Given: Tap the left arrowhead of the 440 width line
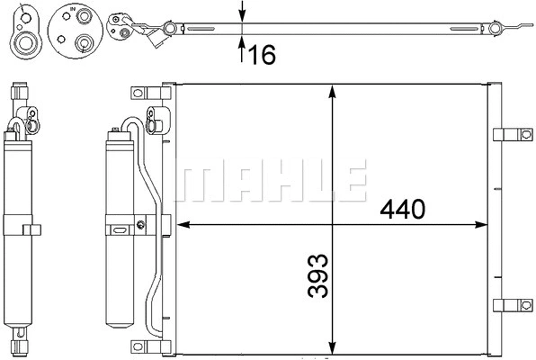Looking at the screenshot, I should tap(181, 222).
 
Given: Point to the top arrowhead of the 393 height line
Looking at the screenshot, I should tap(333, 91).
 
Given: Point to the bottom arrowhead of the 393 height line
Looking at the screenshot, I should tap(333, 346).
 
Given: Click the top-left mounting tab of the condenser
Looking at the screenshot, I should tap(142, 93).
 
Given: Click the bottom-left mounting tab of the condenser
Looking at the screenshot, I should tap(142, 346).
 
